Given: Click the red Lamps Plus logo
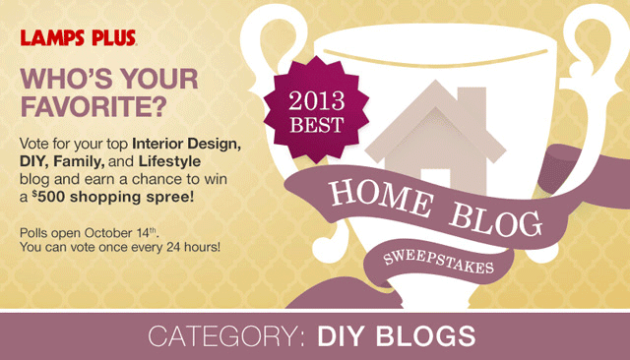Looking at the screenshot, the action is (79, 37).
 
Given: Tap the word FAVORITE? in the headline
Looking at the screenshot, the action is (94, 106).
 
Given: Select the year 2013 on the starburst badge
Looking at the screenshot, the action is (317, 100).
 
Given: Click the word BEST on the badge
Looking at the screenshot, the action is (317, 125).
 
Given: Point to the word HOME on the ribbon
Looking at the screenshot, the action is (381, 198).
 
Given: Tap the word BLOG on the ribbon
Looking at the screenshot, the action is (495, 219).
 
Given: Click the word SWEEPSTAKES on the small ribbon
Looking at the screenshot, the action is (438, 262).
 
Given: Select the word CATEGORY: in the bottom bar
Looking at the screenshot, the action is (227, 336).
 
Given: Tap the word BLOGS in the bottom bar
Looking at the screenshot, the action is (426, 336).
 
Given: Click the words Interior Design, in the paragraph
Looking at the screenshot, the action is (187, 144).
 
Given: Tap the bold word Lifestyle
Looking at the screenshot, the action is (169, 161).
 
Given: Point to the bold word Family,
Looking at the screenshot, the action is (79, 161).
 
